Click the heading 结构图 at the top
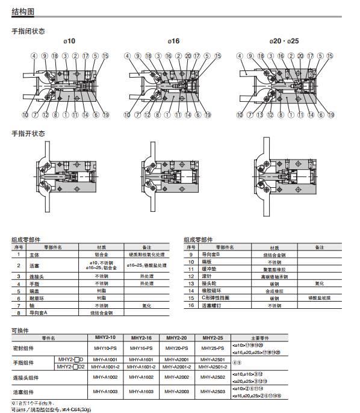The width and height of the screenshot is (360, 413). pos(23,11)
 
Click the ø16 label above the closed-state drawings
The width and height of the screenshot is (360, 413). pos(174,40)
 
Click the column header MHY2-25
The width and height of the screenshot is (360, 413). pos(213,338)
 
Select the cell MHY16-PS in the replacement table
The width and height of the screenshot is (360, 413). pos(139,348)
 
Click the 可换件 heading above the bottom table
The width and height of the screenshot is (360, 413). pos(22,329)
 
